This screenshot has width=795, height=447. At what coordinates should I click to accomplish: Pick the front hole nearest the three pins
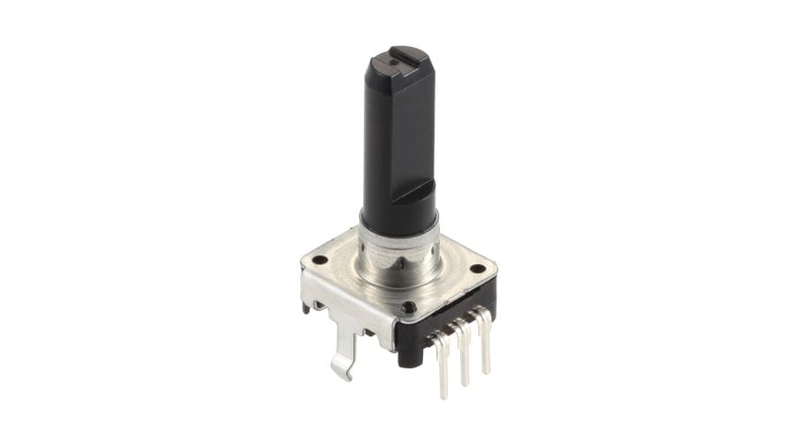(408, 307)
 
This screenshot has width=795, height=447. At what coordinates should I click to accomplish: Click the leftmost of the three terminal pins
(442, 362)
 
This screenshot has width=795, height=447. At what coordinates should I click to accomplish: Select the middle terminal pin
(462, 353)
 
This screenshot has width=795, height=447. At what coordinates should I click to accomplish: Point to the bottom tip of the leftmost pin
(443, 395)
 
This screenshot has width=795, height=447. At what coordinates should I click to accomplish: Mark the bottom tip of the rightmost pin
(486, 370)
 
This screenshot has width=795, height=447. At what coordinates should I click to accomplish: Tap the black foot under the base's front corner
(408, 357)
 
